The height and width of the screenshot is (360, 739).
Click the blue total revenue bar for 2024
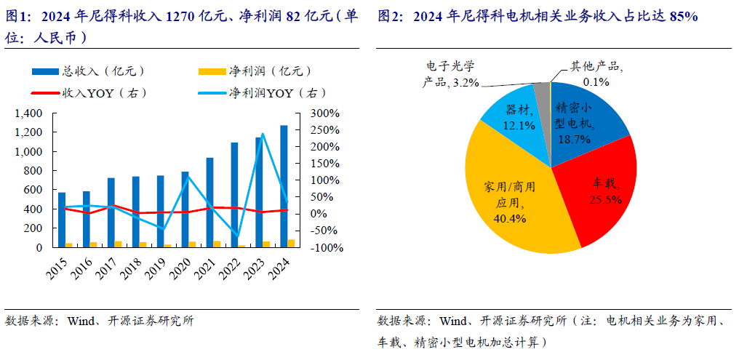tap(284, 186)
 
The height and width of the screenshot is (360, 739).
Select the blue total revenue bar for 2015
tap(62, 220)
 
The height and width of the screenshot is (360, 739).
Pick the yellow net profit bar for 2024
tap(291, 243)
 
